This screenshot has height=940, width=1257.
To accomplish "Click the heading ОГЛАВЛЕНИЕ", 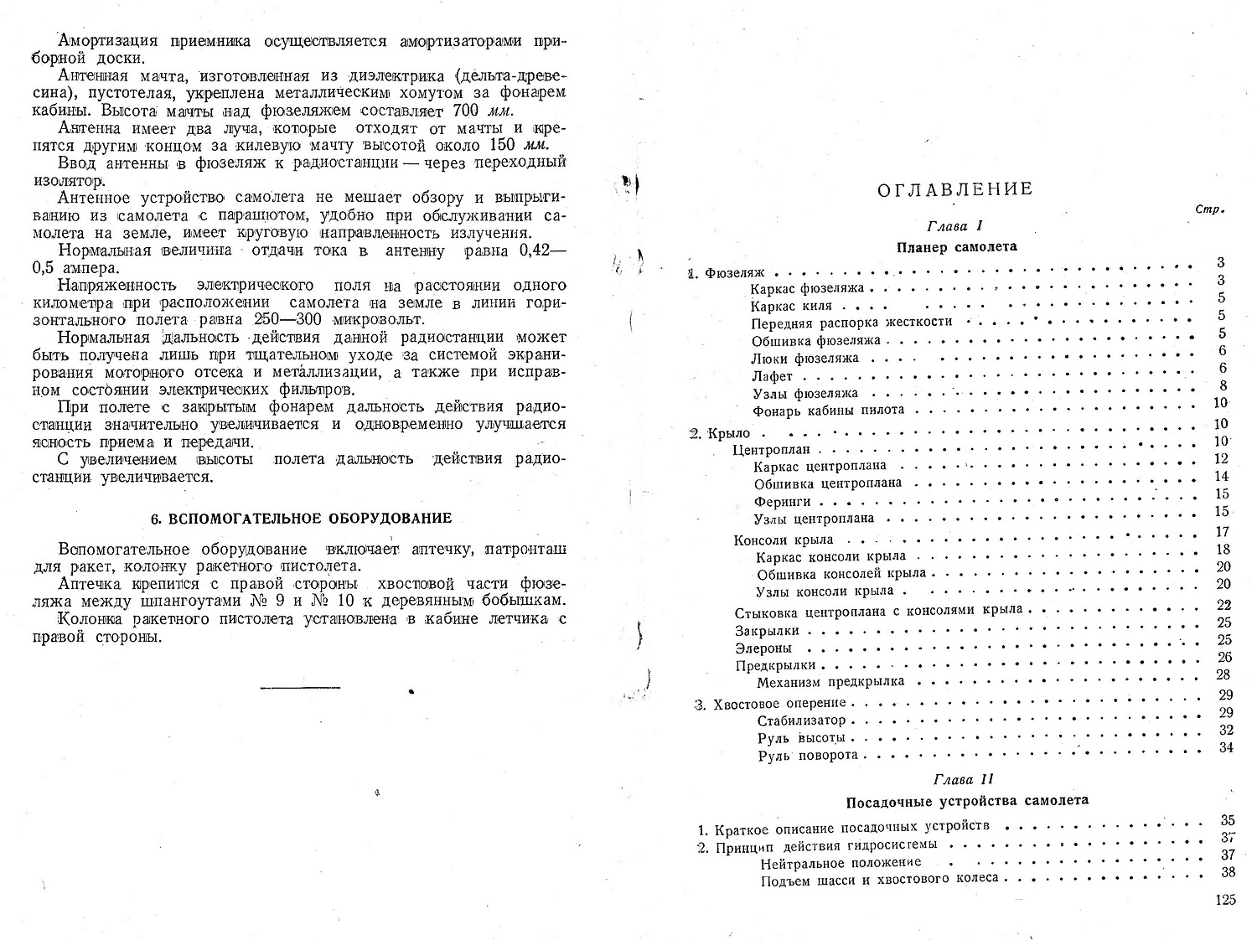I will point(954,189).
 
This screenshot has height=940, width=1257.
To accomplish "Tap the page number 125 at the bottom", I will point(1224,901).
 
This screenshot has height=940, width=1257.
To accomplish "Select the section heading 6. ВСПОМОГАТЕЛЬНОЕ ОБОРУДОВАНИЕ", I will point(301,519).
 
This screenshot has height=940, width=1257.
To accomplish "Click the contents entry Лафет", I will point(772,376).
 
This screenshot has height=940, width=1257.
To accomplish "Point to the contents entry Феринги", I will point(782,501).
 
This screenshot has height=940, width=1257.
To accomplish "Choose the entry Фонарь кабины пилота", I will point(828,411).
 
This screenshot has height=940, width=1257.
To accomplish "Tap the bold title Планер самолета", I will point(956,246).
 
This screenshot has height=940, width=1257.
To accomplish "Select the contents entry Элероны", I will point(763,648).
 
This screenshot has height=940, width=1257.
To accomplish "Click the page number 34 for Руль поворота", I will point(1227,748).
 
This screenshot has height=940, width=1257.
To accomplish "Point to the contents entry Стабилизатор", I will point(801,720).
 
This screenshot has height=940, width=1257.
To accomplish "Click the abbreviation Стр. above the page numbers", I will point(1212,209).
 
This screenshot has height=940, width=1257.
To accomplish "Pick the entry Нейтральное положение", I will point(841,862).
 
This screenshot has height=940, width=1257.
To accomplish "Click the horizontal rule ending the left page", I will point(301,689).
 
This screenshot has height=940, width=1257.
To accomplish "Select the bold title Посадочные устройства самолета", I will point(967,800).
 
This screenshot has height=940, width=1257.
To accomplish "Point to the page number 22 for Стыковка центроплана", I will point(1223,605).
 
